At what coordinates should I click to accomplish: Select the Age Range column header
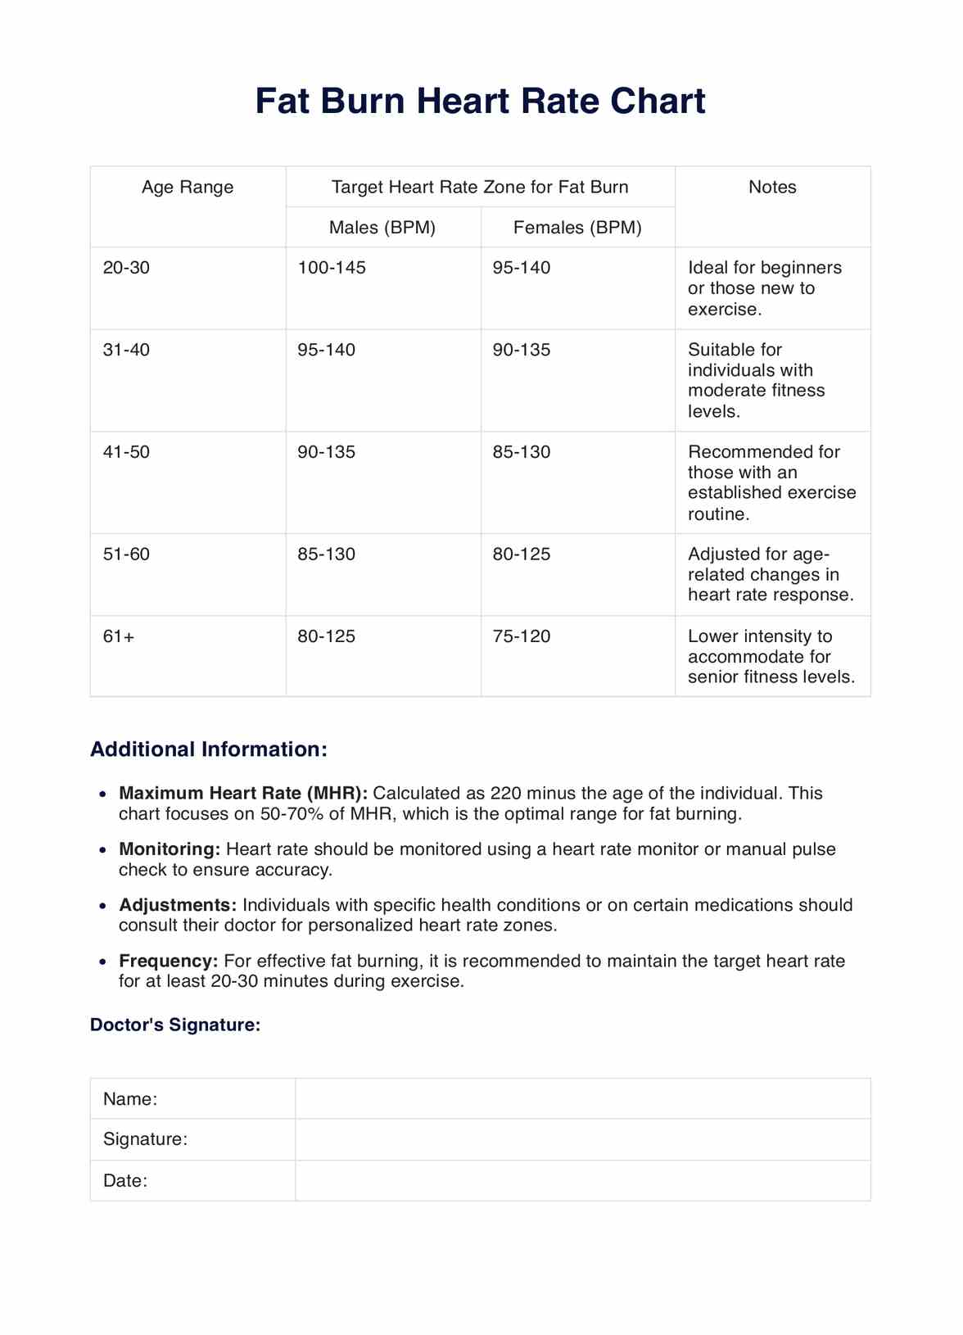[x=188, y=188]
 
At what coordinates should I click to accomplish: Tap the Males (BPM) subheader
[x=382, y=228]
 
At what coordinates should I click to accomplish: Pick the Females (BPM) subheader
[x=577, y=228]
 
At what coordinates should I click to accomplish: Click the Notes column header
[x=772, y=188]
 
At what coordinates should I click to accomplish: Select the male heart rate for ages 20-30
[x=332, y=268]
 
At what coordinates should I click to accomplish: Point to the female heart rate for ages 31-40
[x=522, y=350]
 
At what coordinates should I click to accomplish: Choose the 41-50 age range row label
[x=126, y=452]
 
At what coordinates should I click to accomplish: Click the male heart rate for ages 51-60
[x=327, y=554]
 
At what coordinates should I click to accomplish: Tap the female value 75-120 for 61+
[x=522, y=636]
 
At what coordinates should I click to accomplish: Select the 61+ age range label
[x=119, y=636]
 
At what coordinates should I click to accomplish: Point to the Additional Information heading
[x=209, y=749]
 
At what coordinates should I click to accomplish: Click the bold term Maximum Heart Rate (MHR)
[x=243, y=794]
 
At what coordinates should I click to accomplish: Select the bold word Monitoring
[x=170, y=849]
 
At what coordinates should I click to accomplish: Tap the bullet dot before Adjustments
[x=102, y=907]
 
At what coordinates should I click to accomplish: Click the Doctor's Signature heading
[x=175, y=1025]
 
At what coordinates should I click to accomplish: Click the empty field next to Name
[x=582, y=1099]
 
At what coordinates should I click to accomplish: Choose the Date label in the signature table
[x=125, y=1181]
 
